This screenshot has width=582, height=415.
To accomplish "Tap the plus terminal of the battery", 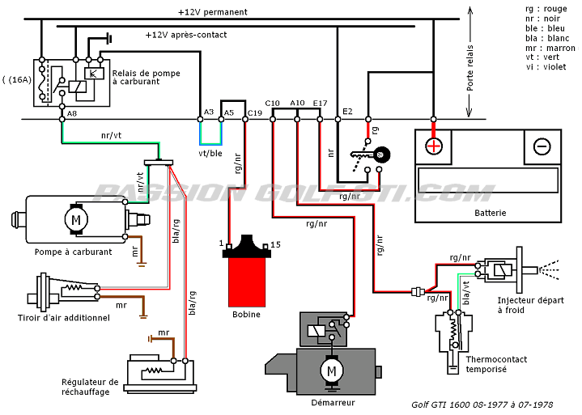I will click(435, 146).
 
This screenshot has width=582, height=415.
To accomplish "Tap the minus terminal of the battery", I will click(542, 146).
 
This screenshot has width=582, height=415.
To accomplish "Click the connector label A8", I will click(73, 113).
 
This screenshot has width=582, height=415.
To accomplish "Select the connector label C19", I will click(255, 113).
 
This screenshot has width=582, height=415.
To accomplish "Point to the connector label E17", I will click(320, 103).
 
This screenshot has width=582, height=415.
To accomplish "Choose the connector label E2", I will click(348, 111).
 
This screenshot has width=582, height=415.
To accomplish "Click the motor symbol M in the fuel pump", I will click(76, 220).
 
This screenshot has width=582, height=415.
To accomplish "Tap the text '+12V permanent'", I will click(213, 12).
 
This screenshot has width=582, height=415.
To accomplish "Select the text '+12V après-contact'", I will click(186, 35).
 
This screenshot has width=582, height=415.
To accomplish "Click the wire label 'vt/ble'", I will click(210, 153).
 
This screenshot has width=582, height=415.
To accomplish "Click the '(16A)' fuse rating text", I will click(18, 79).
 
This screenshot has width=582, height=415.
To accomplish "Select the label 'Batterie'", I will click(491, 213).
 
